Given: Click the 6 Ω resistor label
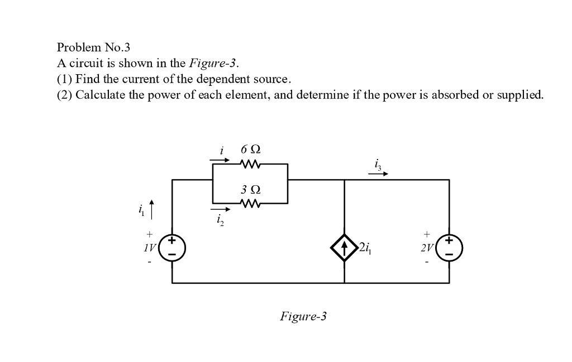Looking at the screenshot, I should click(x=250, y=149).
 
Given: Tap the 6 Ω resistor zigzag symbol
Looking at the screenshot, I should click(x=250, y=165).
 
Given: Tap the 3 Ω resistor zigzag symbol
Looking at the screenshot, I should click(x=250, y=205).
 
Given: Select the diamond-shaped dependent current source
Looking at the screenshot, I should click(x=344, y=247).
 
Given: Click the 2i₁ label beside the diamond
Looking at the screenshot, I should click(x=365, y=247).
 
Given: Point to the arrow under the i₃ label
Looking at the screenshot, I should click(x=378, y=173).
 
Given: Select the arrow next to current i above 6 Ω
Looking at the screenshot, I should click(x=220, y=160).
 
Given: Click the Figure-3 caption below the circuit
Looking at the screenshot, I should click(x=303, y=317).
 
